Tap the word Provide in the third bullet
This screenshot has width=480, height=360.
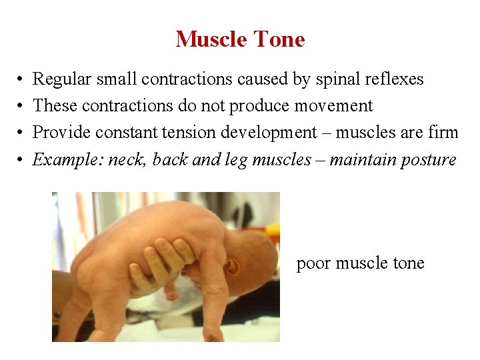[62, 133]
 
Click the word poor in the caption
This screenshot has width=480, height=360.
[313, 264]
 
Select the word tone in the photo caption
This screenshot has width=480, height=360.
[408, 263]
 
